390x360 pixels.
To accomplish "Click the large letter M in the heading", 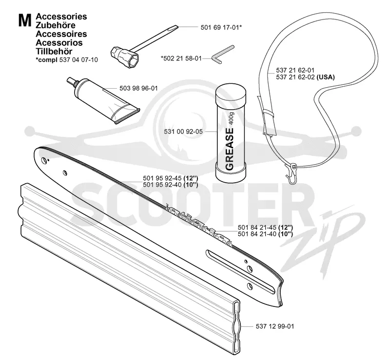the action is point(25,20).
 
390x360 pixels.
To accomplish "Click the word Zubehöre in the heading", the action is point(56,25).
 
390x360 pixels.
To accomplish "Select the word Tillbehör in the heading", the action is point(54,51).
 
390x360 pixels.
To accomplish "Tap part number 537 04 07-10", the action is point(78,60).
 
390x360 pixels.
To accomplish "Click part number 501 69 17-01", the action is point(220,27).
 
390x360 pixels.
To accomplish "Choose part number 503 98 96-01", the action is point(138,89).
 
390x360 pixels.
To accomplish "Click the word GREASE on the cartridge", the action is point(229,149).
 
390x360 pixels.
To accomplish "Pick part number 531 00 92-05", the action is point(183,132).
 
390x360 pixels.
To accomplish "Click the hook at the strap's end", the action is point(291,174).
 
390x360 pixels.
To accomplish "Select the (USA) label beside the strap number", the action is point(326,77).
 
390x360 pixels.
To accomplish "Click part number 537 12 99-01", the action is point(275,326).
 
